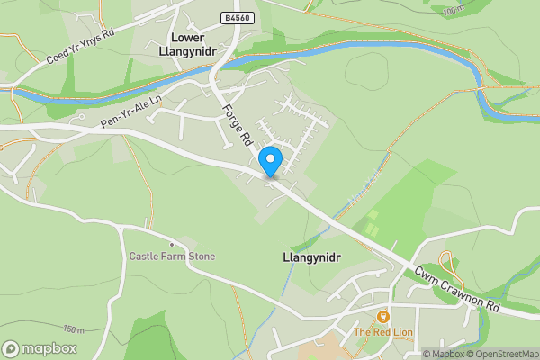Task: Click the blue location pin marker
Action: tap(270, 161)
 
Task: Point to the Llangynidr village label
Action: tap(306, 256)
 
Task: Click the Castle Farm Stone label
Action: tap(172, 256)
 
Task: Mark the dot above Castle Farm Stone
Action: tap(171, 244)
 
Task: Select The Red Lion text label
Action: tap(383, 333)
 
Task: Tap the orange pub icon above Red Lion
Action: tap(383, 317)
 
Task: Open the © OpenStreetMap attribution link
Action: tap(503, 353)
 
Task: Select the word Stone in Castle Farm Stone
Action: tap(200, 256)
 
